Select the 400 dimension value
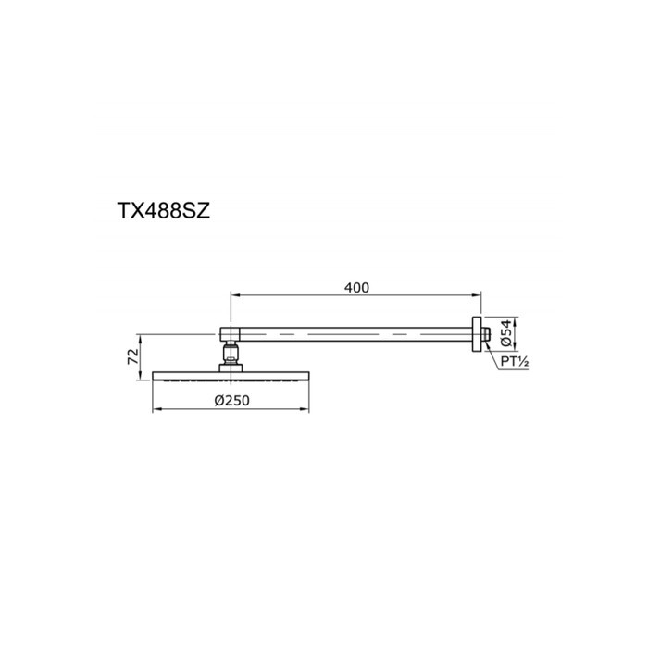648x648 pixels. tap(356, 288)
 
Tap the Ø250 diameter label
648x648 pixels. tap(231, 400)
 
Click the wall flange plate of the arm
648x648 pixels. tap(479, 334)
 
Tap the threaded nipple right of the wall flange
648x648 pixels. tap(486, 334)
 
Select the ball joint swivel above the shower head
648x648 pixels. tap(231, 353)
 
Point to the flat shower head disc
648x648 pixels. tap(231, 375)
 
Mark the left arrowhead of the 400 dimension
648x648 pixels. tap(234, 296)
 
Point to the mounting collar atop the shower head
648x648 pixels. tap(231, 368)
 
